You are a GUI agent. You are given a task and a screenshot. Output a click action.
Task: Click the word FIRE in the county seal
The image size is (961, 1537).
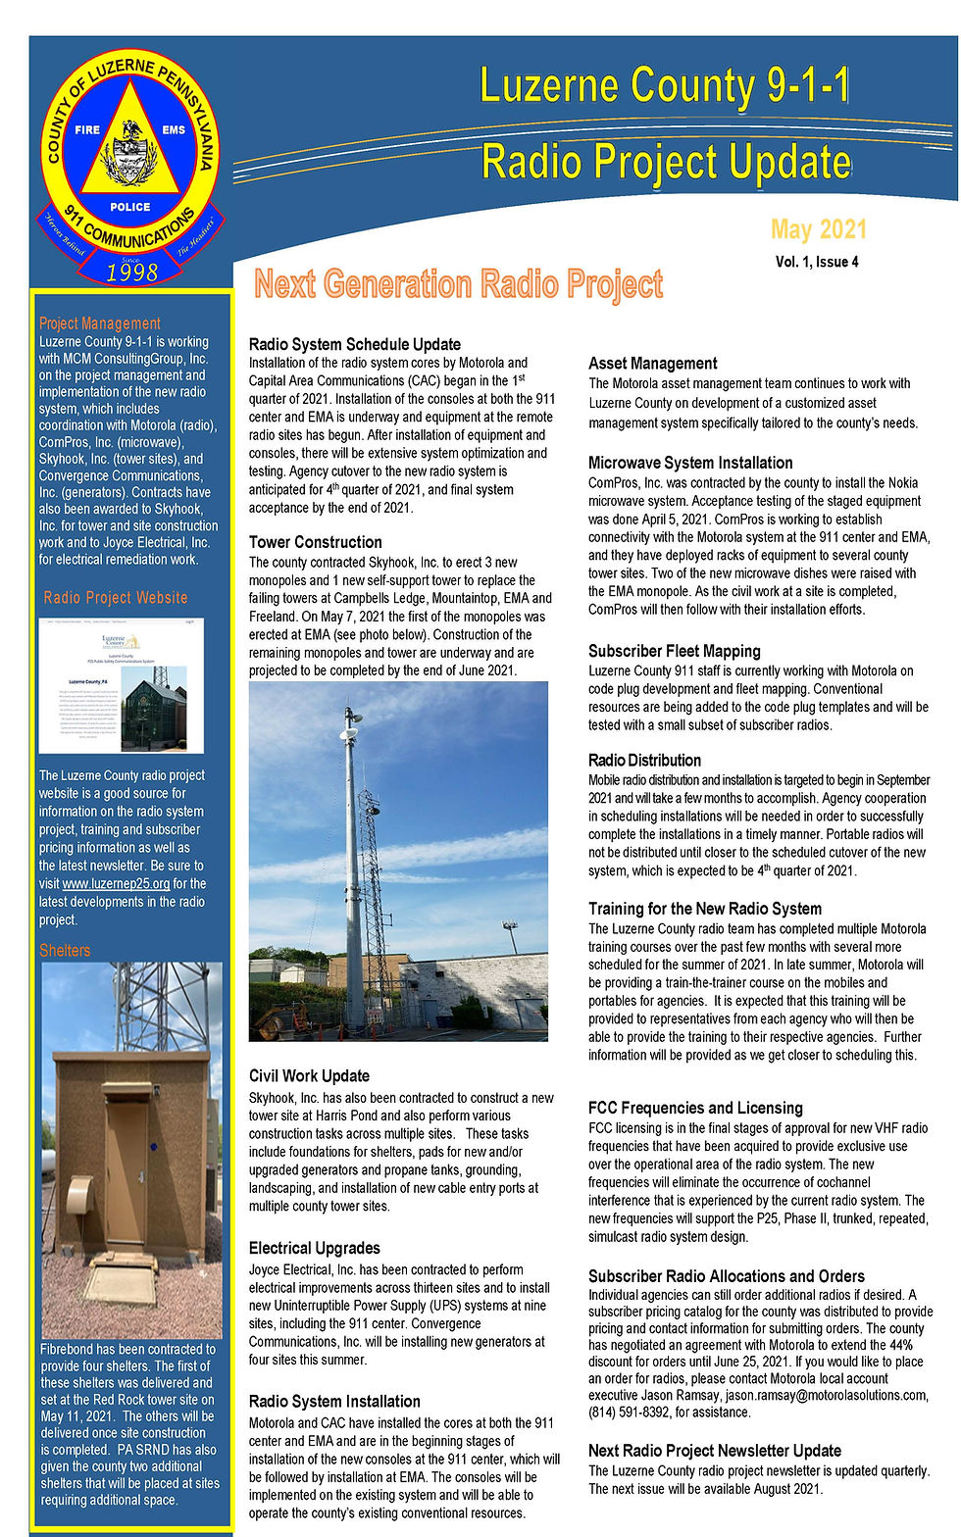(x=87, y=129)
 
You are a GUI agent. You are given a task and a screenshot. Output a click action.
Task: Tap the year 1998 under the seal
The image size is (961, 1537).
(x=131, y=273)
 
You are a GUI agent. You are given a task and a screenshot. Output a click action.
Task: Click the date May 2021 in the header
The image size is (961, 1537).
(x=819, y=229)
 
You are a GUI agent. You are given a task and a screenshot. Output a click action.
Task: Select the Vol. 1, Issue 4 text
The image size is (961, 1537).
(x=817, y=262)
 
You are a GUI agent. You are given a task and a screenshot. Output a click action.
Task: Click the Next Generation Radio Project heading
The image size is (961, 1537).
(x=458, y=284)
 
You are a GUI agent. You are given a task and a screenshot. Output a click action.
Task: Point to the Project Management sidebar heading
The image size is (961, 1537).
(x=100, y=323)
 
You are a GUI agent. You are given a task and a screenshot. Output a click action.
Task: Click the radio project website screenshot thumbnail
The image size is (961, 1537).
(x=122, y=685)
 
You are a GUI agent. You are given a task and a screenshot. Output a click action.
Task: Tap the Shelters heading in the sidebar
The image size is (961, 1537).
(x=65, y=950)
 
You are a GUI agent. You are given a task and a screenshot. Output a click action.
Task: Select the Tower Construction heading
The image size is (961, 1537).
(x=315, y=542)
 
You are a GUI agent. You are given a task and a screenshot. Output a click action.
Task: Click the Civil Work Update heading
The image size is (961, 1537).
(x=309, y=1075)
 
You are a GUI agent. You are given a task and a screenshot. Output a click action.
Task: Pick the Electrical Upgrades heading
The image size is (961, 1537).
(x=314, y=1248)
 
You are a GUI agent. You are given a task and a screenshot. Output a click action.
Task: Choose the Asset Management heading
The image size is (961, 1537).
(x=652, y=364)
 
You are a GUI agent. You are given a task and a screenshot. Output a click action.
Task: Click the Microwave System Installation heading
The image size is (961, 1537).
(x=690, y=463)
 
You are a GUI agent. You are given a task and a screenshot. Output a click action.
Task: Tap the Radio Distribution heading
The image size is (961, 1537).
(x=644, y=760)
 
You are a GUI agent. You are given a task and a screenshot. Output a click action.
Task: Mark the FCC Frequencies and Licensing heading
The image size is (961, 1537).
(x=695, y=1108)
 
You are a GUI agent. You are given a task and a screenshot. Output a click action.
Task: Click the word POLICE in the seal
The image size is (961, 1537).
(x=130, y=207)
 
